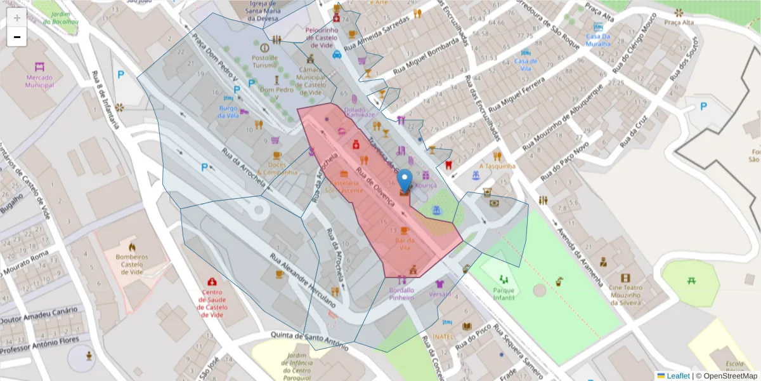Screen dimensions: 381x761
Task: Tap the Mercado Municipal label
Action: point(40,81)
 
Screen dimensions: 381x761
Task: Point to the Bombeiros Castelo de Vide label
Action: point(132,262)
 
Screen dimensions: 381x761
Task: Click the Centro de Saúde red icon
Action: point(211,281)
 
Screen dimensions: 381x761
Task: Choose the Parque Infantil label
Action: point(504,294)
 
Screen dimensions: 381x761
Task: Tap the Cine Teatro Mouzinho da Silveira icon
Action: point(626,278)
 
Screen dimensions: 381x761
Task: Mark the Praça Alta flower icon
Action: point(679,13)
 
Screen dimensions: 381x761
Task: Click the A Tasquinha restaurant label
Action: point(497,166)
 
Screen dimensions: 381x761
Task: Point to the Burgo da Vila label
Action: point(228,112)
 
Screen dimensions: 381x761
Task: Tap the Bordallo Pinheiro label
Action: point(401,294)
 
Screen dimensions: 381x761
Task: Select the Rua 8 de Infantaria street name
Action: point(105,99)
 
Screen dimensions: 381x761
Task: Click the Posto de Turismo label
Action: point(264,62)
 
